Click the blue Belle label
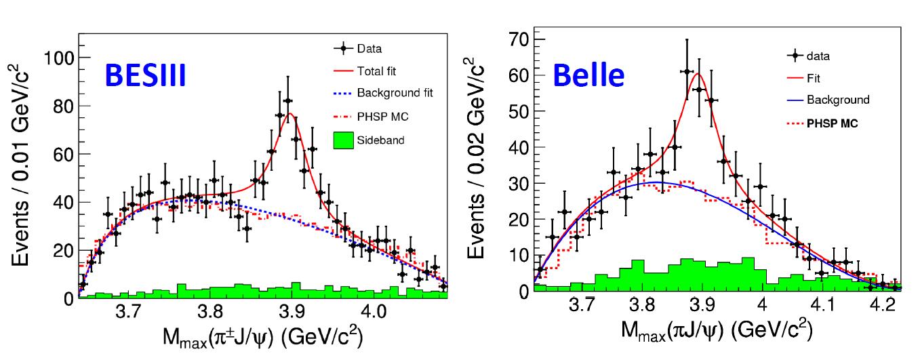tap(588, 75)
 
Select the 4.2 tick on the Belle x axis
tap(881, 306)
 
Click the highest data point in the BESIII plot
tap(287, 100)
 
